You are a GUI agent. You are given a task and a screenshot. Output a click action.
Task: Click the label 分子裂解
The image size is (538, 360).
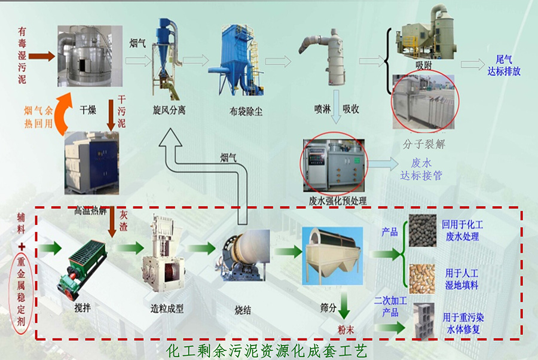(424, 144)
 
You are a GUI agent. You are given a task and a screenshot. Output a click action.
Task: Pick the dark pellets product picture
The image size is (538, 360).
(423, 230)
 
